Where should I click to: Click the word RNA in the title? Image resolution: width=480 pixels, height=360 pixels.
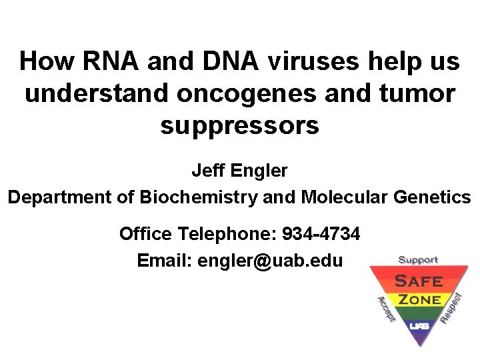pyautogui.click(x=111, y=62)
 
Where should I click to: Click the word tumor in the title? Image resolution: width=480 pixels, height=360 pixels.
pyautogui.click(x=414, y=94)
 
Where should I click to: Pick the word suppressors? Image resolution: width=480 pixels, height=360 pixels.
pyautogui.click(x=240, y=125)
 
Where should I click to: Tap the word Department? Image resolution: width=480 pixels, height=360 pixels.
pyautogui.click(x=59, y=197)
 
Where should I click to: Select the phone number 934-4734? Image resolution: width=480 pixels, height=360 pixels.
pyautogui.click(x=321, y=234)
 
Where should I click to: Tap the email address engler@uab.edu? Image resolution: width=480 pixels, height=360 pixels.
pyautogui.click(x=269, y=261)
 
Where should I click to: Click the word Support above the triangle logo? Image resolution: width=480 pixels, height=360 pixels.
pyautogui.click(x=418, y=259)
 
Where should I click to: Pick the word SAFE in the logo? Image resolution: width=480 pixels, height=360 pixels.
pyautogui.click(x=419, y=280)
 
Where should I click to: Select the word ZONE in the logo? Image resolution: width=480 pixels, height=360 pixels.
pyautogui.click(x=419, y=300)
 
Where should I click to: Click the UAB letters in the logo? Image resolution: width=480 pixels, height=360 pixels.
pyautogui.click(x=419, y=326)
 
